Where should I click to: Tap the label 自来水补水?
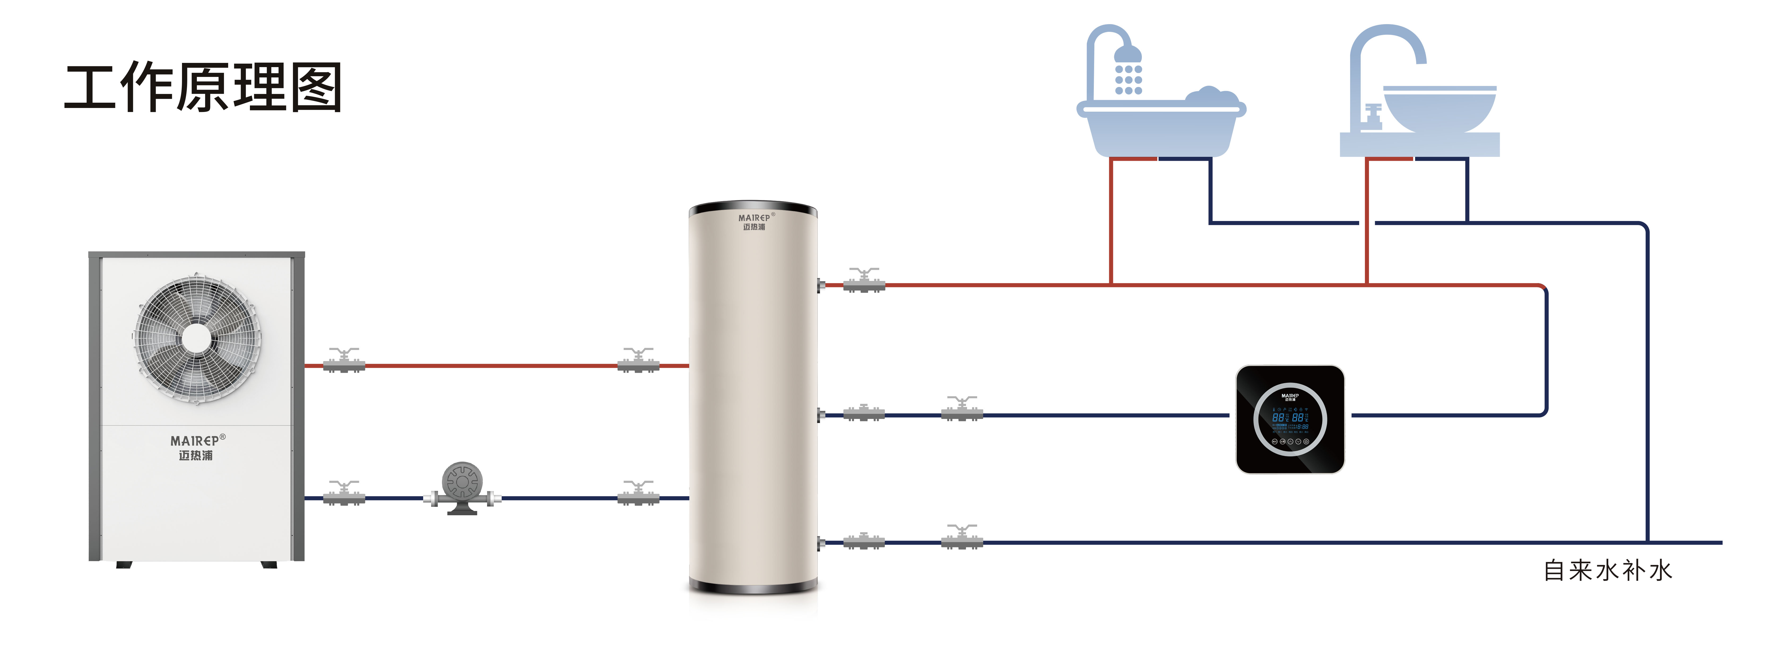point(1607,571)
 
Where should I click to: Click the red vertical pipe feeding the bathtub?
point(1111,222)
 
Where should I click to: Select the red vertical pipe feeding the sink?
point(1367,222)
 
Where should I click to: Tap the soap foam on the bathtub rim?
point(1210,97)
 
